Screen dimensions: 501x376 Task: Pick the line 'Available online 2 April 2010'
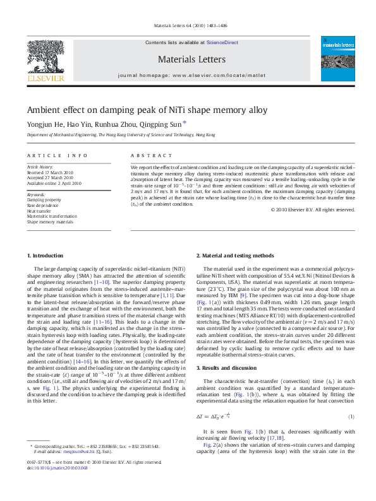pos(54,183)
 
